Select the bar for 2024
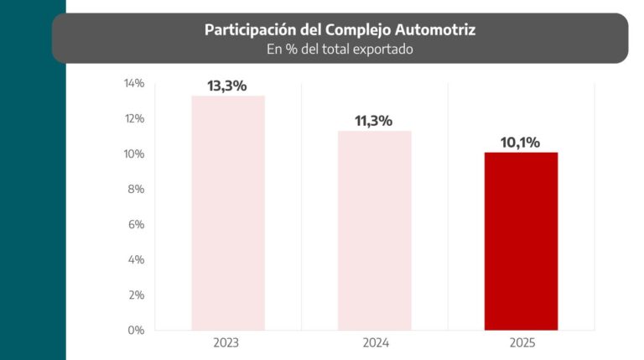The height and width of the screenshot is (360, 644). click(374, 230)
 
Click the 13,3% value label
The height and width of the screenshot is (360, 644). click(227, 86)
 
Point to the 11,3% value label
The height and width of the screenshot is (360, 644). click(374, 121)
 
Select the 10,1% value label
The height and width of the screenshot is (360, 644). click(521, 142)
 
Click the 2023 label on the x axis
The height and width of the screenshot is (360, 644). click(227, 343)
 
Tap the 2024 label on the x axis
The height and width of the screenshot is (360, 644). click(374, 343)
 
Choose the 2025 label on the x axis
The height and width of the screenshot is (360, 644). click(521, 343)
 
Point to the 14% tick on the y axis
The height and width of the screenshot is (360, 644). click(133, 84)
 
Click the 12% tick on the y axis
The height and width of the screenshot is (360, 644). click(133, 119)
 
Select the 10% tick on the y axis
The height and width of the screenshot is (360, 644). click(133, 154)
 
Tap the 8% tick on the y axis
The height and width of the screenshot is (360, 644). click(136, 190)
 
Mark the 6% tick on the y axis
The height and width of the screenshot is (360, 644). click(136, 225)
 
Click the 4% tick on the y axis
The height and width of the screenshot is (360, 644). click(136, 260)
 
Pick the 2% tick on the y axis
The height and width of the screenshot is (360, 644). click(136, 295)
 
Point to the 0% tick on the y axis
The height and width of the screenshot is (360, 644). click(136, 331)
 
